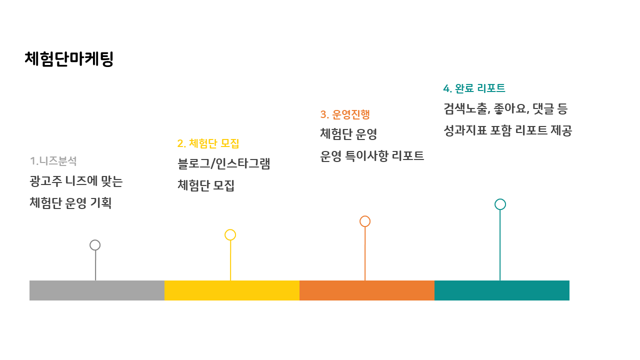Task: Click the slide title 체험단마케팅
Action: [x=69, y=59]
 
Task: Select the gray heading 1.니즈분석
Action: [x=53, y=161]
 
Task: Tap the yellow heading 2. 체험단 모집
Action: [x=208, y=143]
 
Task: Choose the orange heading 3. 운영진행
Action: [x=345, y=114]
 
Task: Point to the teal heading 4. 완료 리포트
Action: [x=474, y=88]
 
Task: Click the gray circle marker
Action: [x=95, y=245]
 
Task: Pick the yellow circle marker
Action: [x=230, y=235]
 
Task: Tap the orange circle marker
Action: [x=365, y=221]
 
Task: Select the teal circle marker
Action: [x=500, y=204]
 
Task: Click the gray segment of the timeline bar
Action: [x=97, y=290]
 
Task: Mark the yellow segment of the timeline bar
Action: [x=232, y=290]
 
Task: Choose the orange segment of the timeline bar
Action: [x=367, y=290]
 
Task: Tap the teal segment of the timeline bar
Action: [x=502, y=290]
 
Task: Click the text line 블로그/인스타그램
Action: [x=223, y=163]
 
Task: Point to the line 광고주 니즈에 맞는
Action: [x=76, y=181]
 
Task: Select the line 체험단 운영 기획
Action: [x=70, y=203]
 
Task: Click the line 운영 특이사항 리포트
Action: [x=372, y=156]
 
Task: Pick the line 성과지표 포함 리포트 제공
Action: [x=507, y=130]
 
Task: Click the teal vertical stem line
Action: [x=500, y=245]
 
